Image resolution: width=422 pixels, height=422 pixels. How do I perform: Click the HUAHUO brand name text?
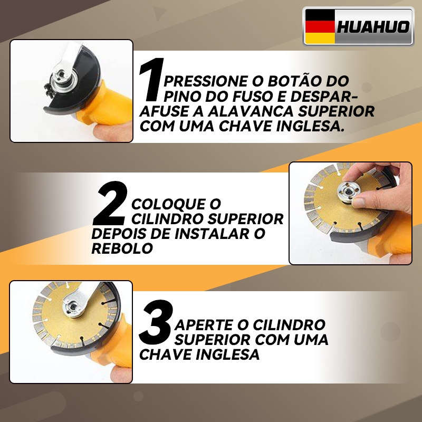pyautogui.click(x=373, y=27)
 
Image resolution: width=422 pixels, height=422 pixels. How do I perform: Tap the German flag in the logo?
pyautogui.click(x=320, y=26)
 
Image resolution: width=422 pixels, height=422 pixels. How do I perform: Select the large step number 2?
pyautogui.click(x=110, y=203)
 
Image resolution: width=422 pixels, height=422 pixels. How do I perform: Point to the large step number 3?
pyautogui.click(x=155, y=322)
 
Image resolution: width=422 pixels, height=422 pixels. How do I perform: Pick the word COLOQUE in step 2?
pyautogui.click(x=168, y=204)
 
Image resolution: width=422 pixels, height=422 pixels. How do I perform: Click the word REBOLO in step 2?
pyautogui.click(x=122, y=248)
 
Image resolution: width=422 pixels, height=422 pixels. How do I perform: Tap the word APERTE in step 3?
pyautogui.click(x=204, y=325)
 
